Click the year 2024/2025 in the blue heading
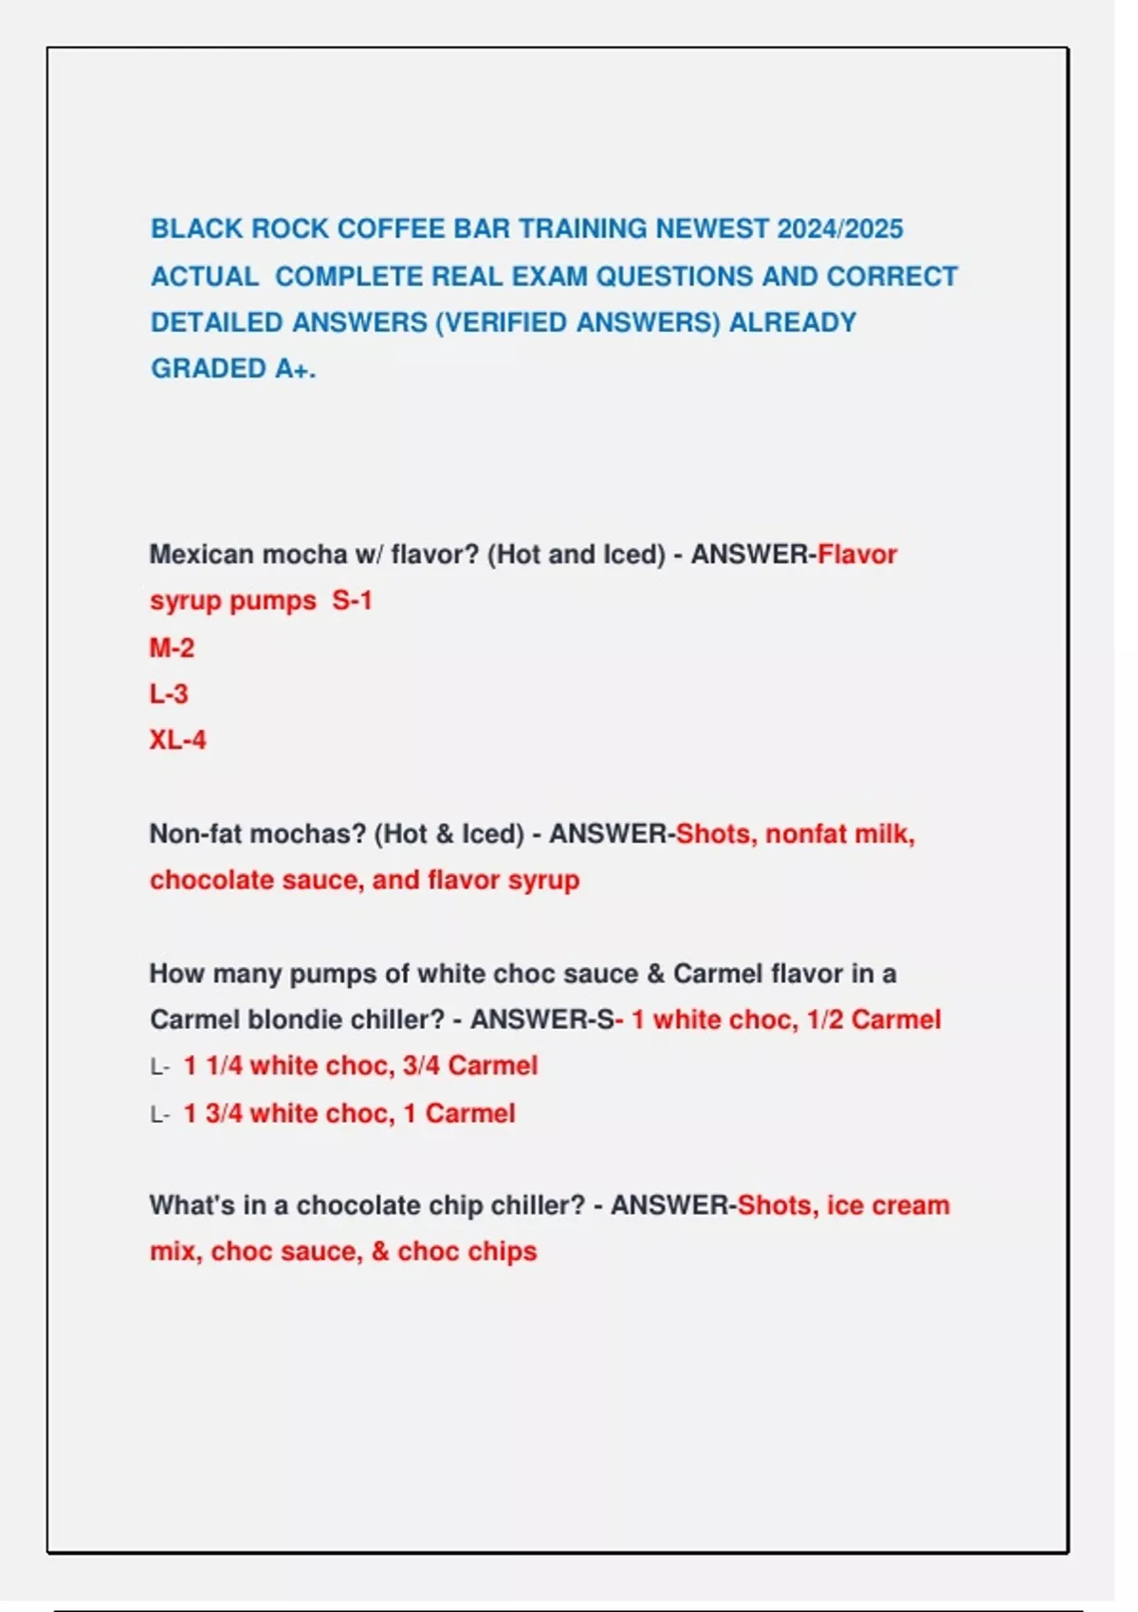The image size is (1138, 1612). click(839, 229)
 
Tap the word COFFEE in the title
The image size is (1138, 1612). click(391, 229)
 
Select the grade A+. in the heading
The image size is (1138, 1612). click(295, 369)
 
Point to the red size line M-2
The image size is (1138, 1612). click(172, 649)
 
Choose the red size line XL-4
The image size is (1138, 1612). click(177, 741)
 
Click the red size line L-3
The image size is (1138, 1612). click(169, 695)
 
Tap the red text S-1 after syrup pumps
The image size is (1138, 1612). click(352, 601)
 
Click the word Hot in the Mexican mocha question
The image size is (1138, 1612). click(518, 555)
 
